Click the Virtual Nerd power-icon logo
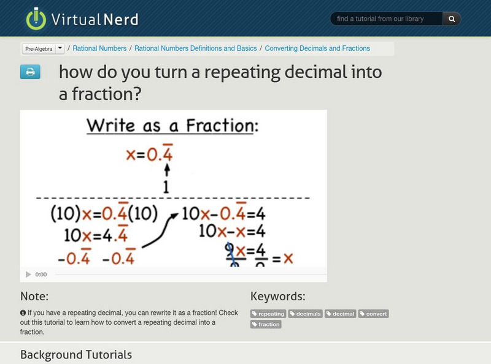(x=36, y=19)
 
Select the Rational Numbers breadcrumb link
(x=99, y=48)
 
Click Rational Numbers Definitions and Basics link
(x=196, y=48)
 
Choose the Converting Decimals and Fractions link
(x=317, y=48)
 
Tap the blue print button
(x=30, y=72)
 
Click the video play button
(x=28, y=275)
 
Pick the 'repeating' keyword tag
(x=268, y=314)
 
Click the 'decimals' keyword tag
(x=306, y=314)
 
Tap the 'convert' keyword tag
(x=374, y=314)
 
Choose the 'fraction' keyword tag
(x=266, y=324)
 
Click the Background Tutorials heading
(x=76, y=355)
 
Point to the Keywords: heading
(x=277, y=297)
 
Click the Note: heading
(x=34, y=297)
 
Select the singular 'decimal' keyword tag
(x=341, y=314)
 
